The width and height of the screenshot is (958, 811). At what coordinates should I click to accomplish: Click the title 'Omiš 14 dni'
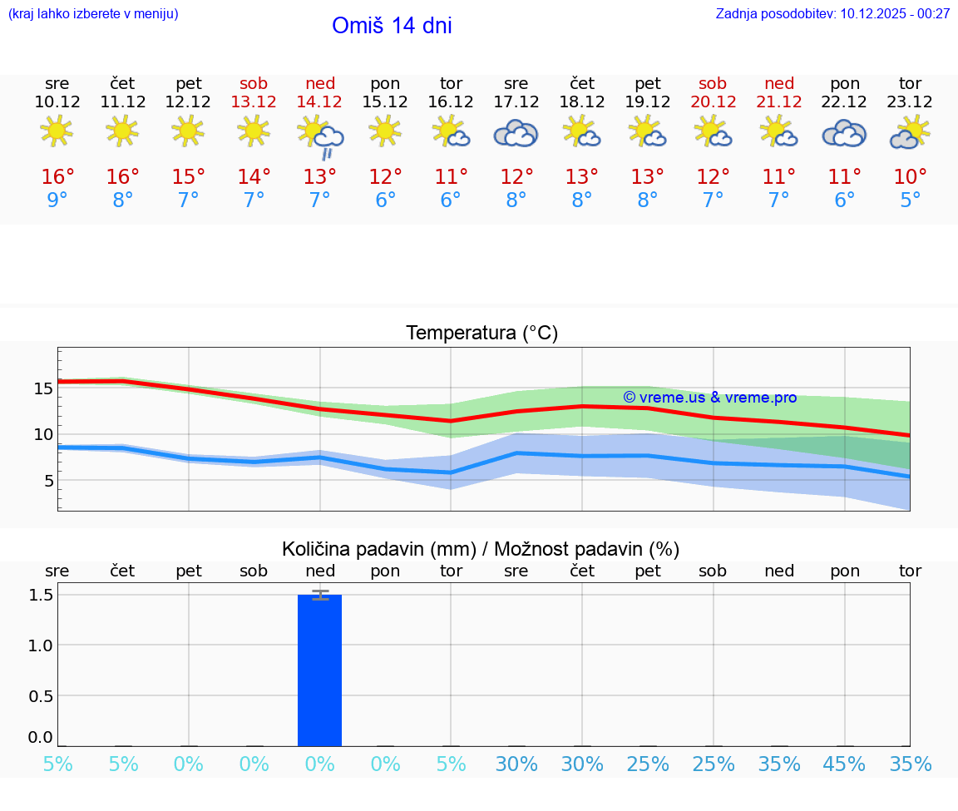pyautogui.click(x=392, y=26)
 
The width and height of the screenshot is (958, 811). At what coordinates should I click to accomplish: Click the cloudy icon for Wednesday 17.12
pyautogui.click(x=516, y=133)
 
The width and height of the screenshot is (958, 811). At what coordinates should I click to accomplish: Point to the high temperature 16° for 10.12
pyautogui.click(x=57, y=177)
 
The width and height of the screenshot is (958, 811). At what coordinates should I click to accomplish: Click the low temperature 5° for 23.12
pyautogui.click(x=911, y=200)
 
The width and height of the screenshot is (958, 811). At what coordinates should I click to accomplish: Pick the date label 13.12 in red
pyautogui.click(x=254, y=101)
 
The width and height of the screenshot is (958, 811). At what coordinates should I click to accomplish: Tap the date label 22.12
pyautogui.click(x=845, y=101)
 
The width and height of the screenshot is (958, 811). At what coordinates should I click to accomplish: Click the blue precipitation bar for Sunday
pyautogui.click(x=320, y=670)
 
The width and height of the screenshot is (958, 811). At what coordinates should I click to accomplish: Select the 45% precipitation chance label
pyautogui.click(x=845, y=764)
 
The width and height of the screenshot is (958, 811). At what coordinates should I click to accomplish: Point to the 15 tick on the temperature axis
pyautogui.click(x=44, y=388)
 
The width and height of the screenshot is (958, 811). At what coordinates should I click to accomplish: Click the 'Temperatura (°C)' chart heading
pyautogui.click(x=481, y=333)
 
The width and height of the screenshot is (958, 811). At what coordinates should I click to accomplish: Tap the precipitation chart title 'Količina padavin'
pyautogui.click(x=481, y=549)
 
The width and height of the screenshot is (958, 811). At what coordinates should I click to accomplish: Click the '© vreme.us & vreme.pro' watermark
pyautogui.click(x=709, y=398)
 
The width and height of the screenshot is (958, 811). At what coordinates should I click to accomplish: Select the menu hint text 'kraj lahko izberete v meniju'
pyautogui.click(x=92, y=13)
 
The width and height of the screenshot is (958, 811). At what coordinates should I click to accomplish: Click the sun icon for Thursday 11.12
pyautogui.click(x=123, y=131)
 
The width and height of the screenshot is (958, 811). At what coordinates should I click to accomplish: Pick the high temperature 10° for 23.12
pyautogui.click(x=911, y=177)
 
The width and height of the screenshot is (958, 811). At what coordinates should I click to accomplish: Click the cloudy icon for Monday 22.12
pyautogui.click(x=844, y=133)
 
